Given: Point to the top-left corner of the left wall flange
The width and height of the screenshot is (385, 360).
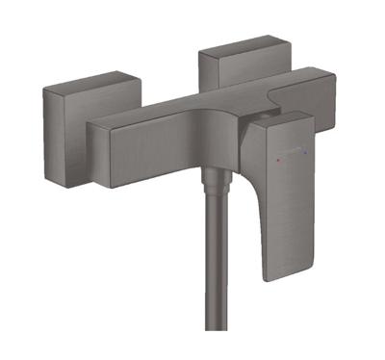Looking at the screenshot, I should [43, 90].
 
